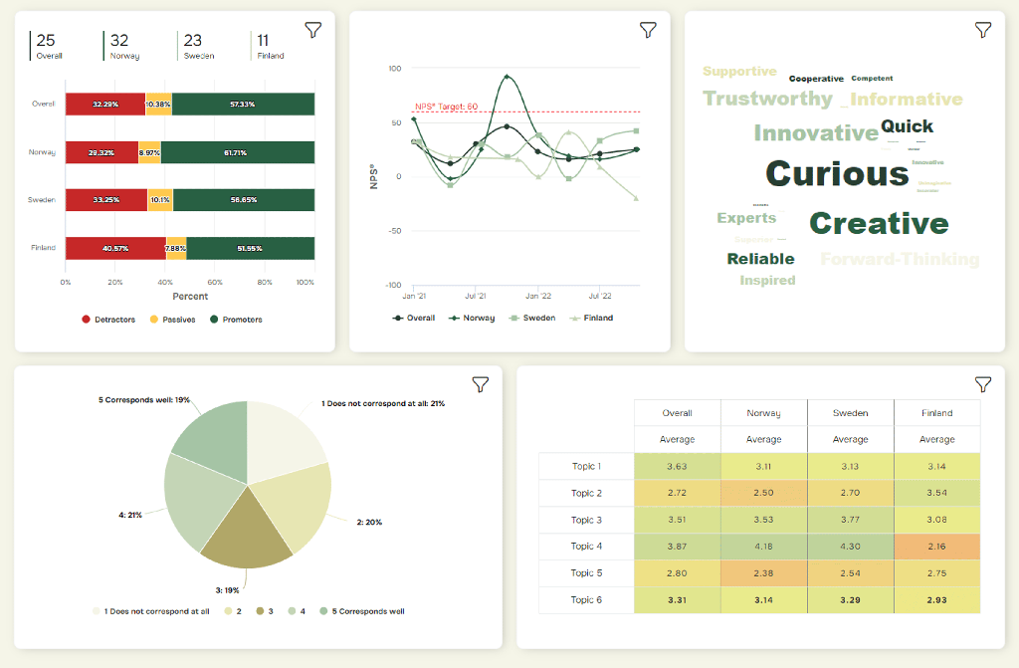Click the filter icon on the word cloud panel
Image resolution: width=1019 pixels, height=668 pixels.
[x=983, y=30]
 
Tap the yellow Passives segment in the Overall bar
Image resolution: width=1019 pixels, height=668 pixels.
[x=158, y=105]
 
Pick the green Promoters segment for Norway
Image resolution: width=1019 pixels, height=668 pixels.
[x=238, y=152]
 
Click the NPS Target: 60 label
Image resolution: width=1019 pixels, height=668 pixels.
[x=446, y=107]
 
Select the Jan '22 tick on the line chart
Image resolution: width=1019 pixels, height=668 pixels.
[x=538, y=297]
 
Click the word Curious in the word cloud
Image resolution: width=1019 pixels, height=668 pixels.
[x=837, y=174]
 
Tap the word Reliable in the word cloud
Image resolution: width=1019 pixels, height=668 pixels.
[x=760, y=259]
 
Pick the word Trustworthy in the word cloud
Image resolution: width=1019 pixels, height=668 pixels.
[x=767, y=99]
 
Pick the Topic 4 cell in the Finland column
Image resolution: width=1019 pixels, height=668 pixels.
[x=936, y=547]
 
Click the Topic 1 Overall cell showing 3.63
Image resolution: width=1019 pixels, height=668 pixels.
[x=677, y=466]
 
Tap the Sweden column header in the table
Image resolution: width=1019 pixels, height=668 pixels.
[x=850, y=413]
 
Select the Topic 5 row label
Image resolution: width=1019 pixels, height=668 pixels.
[x=586, y=573]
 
